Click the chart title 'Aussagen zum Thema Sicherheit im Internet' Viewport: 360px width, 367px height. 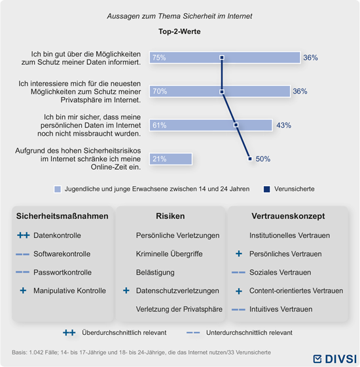point(179,16)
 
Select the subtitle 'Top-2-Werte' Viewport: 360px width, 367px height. point(179,31)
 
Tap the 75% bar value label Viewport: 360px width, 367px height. point(159,58)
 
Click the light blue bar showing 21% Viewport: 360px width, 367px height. point(171,159)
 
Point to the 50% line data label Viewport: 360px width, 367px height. point(263,159)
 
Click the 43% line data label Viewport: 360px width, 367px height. point(284,125)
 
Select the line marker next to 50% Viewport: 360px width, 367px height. point(250,159)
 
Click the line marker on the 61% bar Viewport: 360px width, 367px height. point(236,125)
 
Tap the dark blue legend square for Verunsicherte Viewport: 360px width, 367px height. point(267,189)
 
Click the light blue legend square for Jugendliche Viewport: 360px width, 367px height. point(58,189)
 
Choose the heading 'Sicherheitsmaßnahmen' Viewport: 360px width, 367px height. point(62,216)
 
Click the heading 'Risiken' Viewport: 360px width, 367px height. point(170,216)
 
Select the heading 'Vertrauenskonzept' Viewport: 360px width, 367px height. point(288,216)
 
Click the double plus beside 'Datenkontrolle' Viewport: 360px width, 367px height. point(24,235)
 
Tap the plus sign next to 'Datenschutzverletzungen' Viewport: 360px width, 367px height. point(126,291)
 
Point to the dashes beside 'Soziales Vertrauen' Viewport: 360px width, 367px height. point(238,273)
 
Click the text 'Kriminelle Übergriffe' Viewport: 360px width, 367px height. point(170,254)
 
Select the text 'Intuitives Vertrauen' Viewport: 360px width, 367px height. point(281,309)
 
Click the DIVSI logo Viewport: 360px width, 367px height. point(334,359)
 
